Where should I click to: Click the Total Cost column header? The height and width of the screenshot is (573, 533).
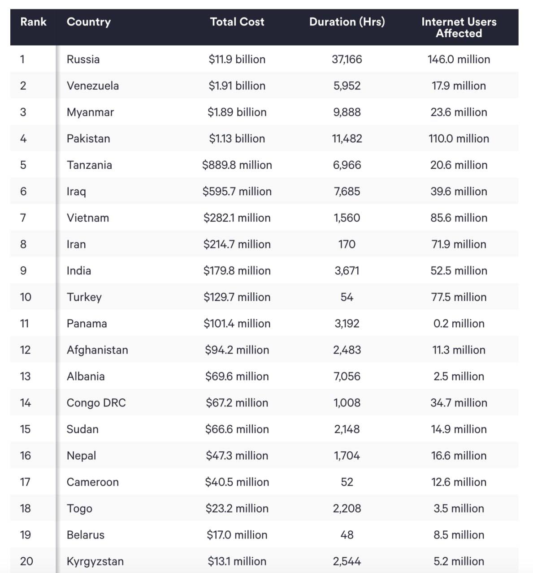tap(237, 21)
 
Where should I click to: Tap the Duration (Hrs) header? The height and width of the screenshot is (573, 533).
tap(347, 21)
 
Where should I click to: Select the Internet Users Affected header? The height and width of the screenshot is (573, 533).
tap(459, 27)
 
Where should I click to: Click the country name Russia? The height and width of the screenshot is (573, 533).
tap(83, 59)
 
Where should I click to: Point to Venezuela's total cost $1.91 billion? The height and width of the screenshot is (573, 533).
tap(237, 86)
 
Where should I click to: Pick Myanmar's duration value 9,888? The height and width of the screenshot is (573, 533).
tap(347, 112)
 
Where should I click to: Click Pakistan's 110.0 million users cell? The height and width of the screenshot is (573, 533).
tap(459, 138)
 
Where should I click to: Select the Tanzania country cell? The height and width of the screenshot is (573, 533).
tap(89, 165)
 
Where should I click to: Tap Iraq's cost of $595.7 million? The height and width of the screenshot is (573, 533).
tap(237, 191)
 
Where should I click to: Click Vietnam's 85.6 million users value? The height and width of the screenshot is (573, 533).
tap(459, 218)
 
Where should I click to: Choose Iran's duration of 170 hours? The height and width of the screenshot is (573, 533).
tap(347, 244)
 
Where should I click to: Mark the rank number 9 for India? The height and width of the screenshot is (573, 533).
tap(23, 270)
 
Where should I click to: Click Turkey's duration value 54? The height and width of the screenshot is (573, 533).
tap(347, 297)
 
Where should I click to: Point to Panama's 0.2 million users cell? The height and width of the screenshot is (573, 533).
tap(459, 323)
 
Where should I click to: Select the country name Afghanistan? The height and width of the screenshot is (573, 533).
tap(97, 350)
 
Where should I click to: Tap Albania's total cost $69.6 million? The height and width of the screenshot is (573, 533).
tap(237, 376)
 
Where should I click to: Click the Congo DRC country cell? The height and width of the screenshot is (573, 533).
tap(96, 402)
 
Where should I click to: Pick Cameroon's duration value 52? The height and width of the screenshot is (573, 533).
tap(347, 482)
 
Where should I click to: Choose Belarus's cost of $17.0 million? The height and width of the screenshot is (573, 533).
tap(237, 535)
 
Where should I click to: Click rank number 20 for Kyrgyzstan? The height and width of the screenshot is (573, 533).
tap(26, 561)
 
